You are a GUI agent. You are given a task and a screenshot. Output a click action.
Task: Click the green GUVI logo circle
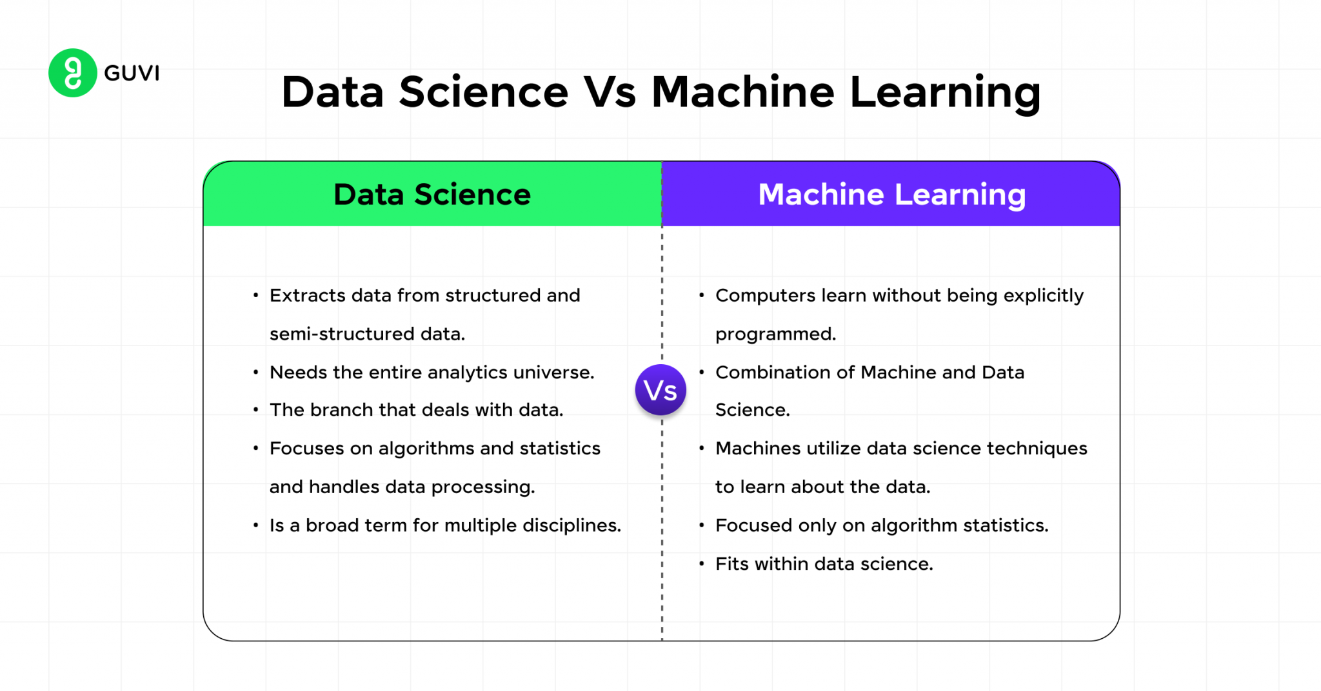point(73,73)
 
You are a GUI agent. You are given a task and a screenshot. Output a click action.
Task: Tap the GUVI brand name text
point(132,73)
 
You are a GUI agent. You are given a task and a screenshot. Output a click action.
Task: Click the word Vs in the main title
point(610,92)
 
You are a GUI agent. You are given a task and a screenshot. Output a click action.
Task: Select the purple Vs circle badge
point(660,390)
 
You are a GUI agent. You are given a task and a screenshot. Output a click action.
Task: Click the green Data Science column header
point(432,194)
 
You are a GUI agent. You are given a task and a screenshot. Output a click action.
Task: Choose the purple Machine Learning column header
point(891,194)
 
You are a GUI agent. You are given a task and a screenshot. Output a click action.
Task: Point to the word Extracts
point(307,295)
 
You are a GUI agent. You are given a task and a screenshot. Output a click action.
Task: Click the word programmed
point(775,335)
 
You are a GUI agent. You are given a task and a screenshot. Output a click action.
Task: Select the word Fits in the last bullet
point(732,564)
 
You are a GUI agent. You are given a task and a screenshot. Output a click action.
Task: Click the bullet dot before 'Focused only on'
point(702,526)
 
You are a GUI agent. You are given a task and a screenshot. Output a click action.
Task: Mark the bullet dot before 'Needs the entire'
point(256,373)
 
